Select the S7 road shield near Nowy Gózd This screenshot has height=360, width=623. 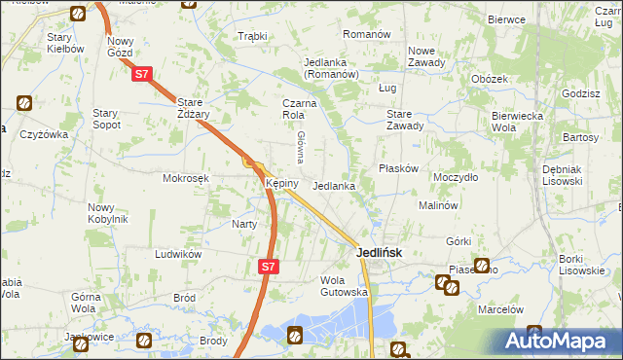tap(141, 73)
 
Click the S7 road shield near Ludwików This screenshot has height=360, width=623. tap(269, 264)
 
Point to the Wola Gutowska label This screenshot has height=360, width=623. tap(343, 285)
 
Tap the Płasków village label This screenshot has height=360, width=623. tap(398, 167)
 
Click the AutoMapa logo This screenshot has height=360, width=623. tap(560, 341)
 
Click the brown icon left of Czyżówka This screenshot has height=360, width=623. tap(24, 103)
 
